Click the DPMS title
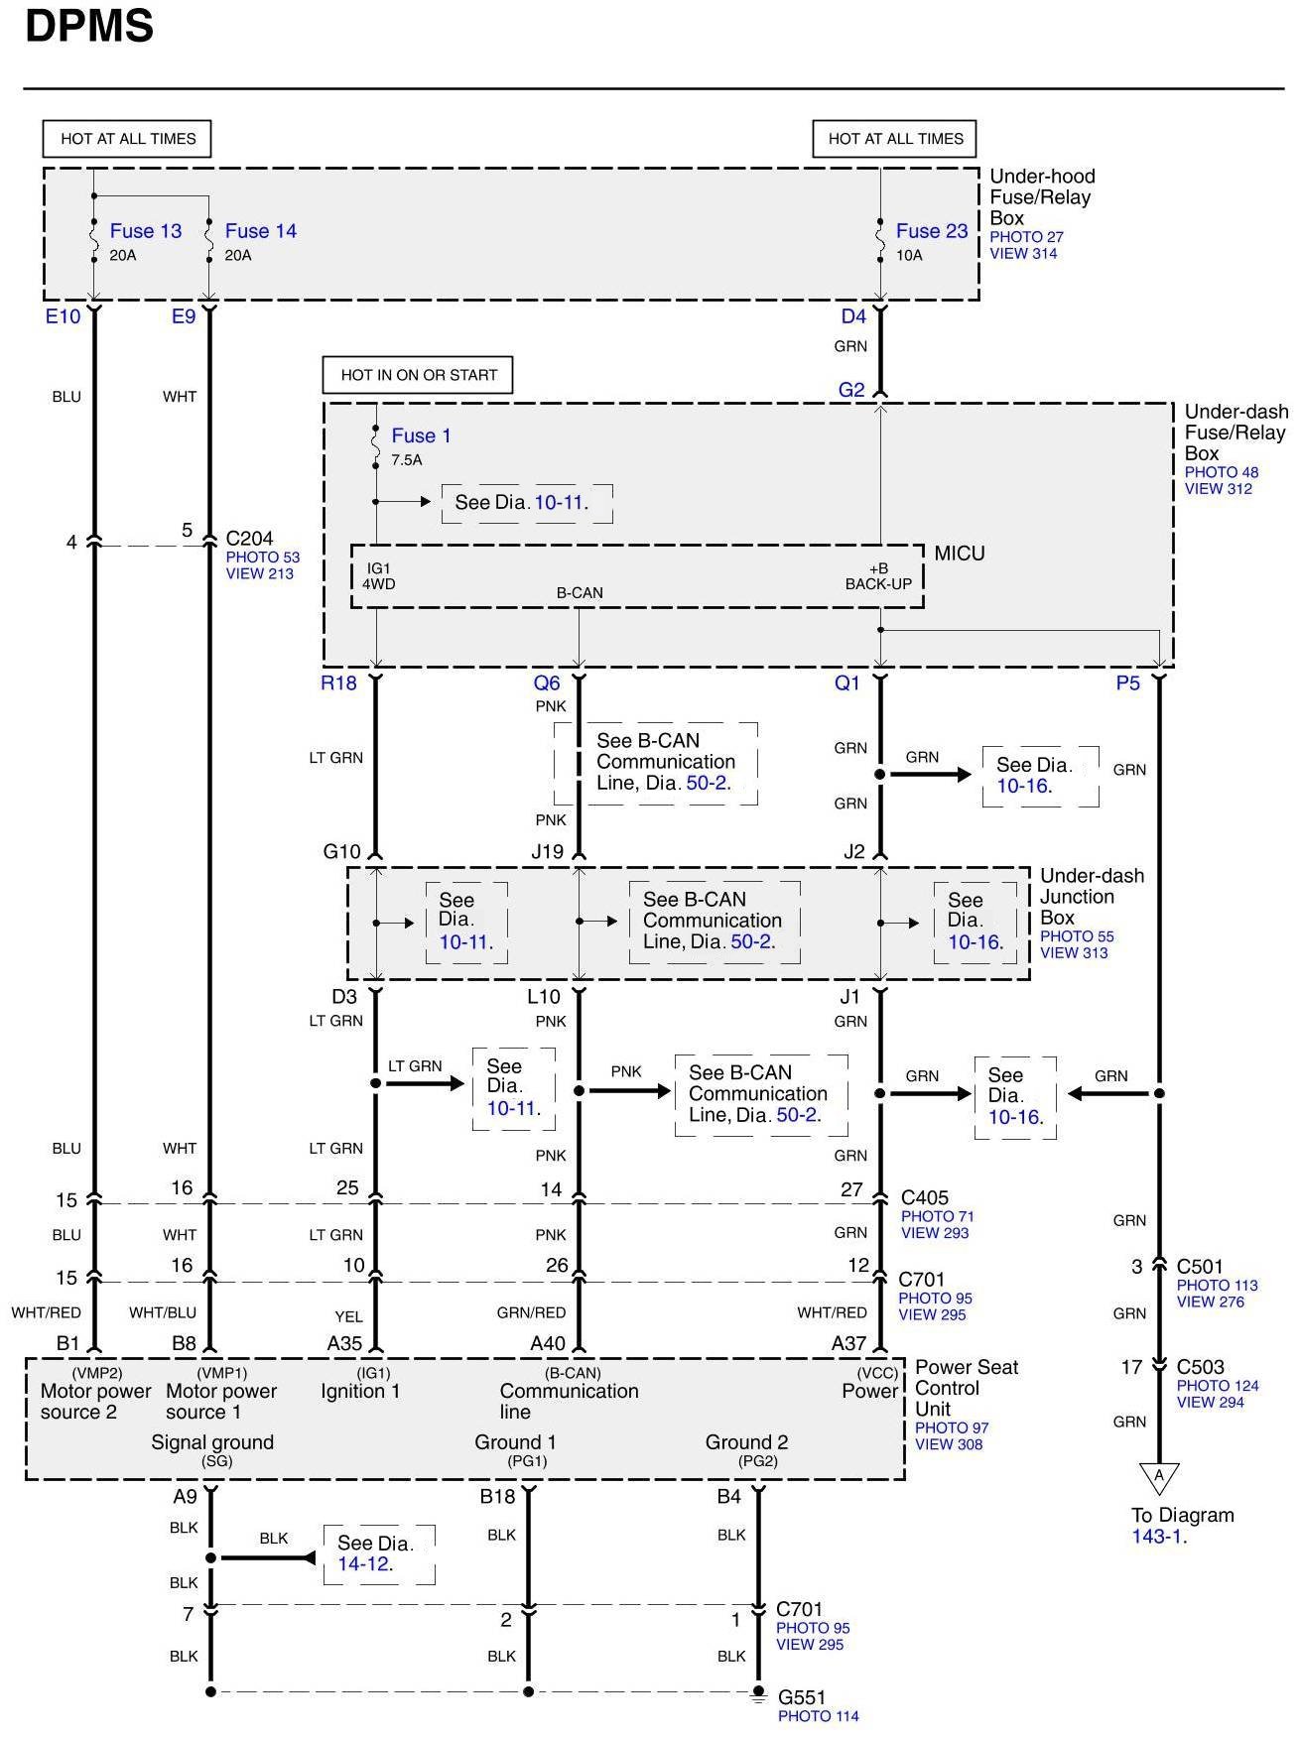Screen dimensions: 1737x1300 click(x=89, y=27)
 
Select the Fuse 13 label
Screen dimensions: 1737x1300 click(x=145, y=231)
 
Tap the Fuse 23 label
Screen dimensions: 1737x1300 click(x=931, y=231)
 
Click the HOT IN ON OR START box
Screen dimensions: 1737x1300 click(x=418, y=375)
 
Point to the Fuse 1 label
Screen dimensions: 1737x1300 click(x=421, y=435)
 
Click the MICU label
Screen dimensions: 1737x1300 click(x=960, y=554)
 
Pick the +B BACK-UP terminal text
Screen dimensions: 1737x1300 click(x=878, y=576)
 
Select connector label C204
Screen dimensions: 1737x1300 click(x=249, y=539)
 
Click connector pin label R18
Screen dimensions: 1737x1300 click(x=338, y=682)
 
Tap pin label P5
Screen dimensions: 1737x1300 click(x=1128, y=682)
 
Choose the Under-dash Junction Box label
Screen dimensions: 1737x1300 click(x=1091, y=896)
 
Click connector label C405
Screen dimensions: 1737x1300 click(x=924, y=1197)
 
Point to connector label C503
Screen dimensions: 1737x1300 click(x=1201, y=1367)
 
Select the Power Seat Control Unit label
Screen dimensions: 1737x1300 click(x=966, y=1388)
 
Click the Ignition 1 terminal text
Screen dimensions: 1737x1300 click(x=360, y=1391)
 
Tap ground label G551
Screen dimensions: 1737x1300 click(x=802, y=1697)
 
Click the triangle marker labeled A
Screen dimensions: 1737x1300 click(x=1158, y=1477)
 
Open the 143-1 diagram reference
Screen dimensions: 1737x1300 click(x=1159, y=1537)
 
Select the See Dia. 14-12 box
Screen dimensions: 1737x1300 click(x=378, y=1553)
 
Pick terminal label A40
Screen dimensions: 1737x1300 click(x=548, y=1343)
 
